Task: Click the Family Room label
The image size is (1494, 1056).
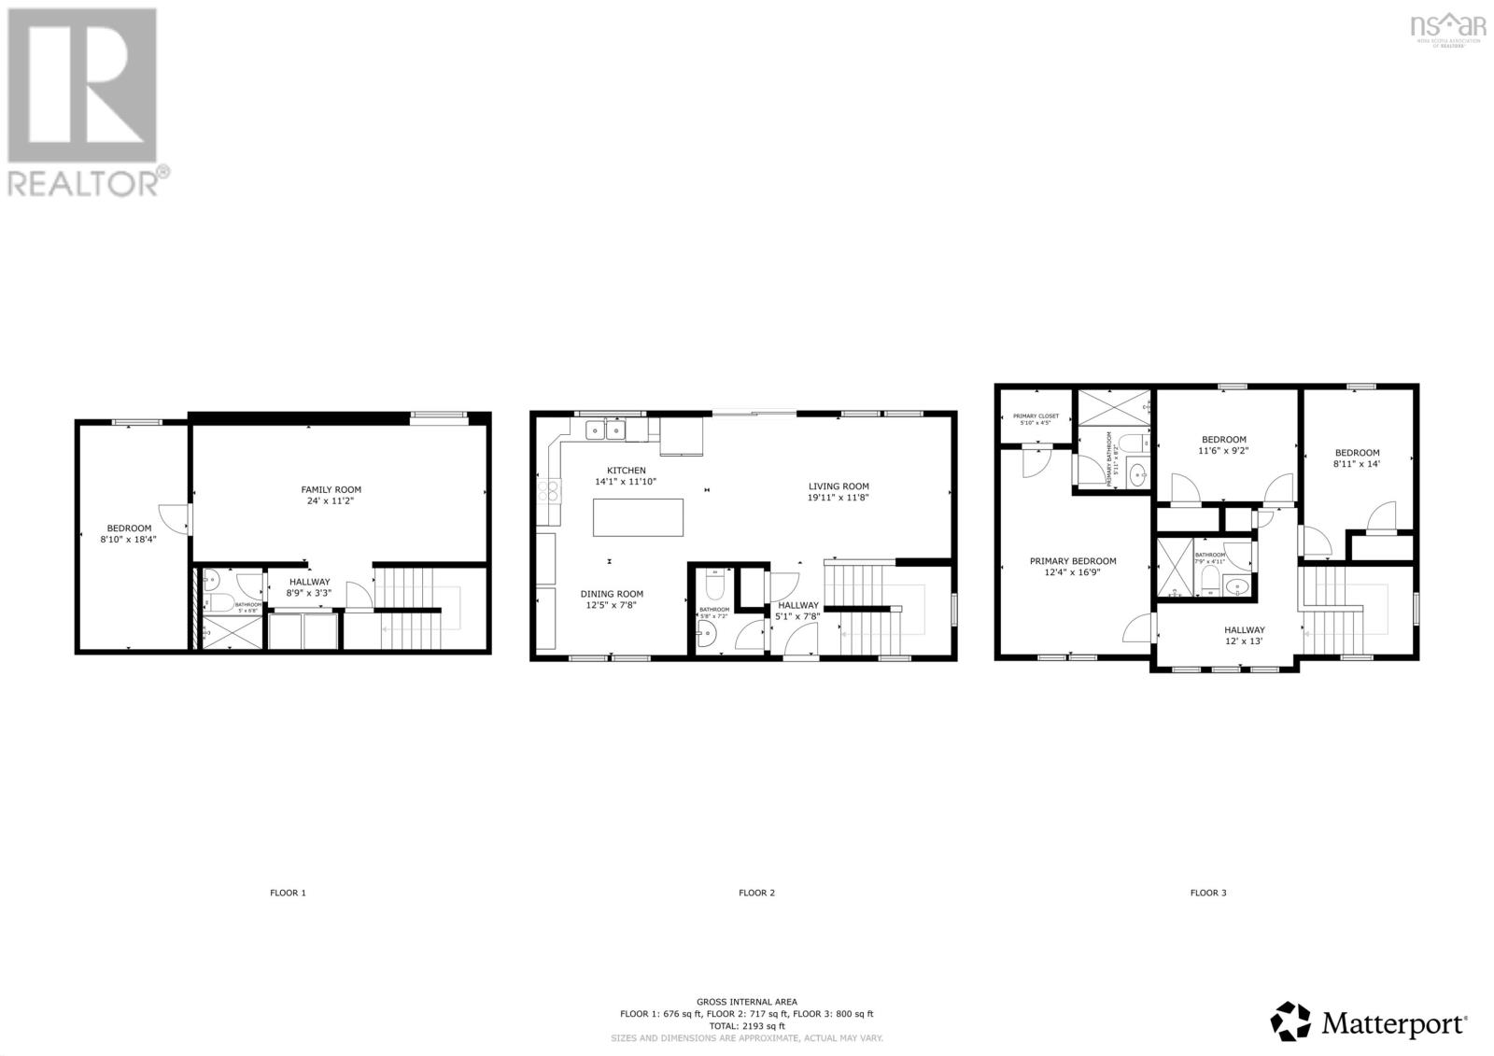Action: (331, 489)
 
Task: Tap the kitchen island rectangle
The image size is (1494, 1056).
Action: (638, 517)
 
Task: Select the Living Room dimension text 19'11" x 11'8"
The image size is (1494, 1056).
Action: (839, 499)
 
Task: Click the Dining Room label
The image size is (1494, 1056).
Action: (612, 594)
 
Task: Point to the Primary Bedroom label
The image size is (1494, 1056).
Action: (1072, 561)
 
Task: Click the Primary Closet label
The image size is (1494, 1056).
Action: (1036, 415)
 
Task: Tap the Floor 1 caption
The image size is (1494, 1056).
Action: (288, 893)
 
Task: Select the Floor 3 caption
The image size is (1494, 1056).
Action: (1207, 893)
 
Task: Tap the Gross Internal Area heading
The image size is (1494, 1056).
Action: (746, 1001)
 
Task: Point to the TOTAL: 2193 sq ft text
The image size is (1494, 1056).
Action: (746, 1025)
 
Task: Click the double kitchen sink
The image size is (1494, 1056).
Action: (605, 429)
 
